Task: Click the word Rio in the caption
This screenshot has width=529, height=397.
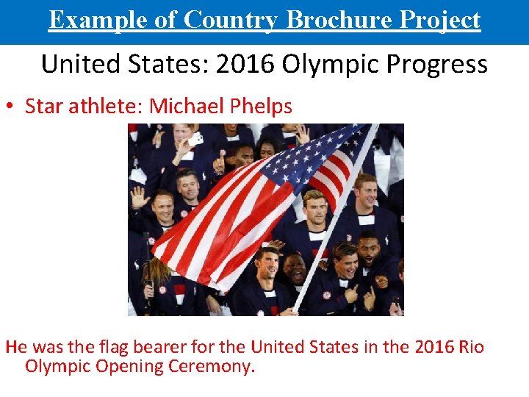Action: (469, 346)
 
